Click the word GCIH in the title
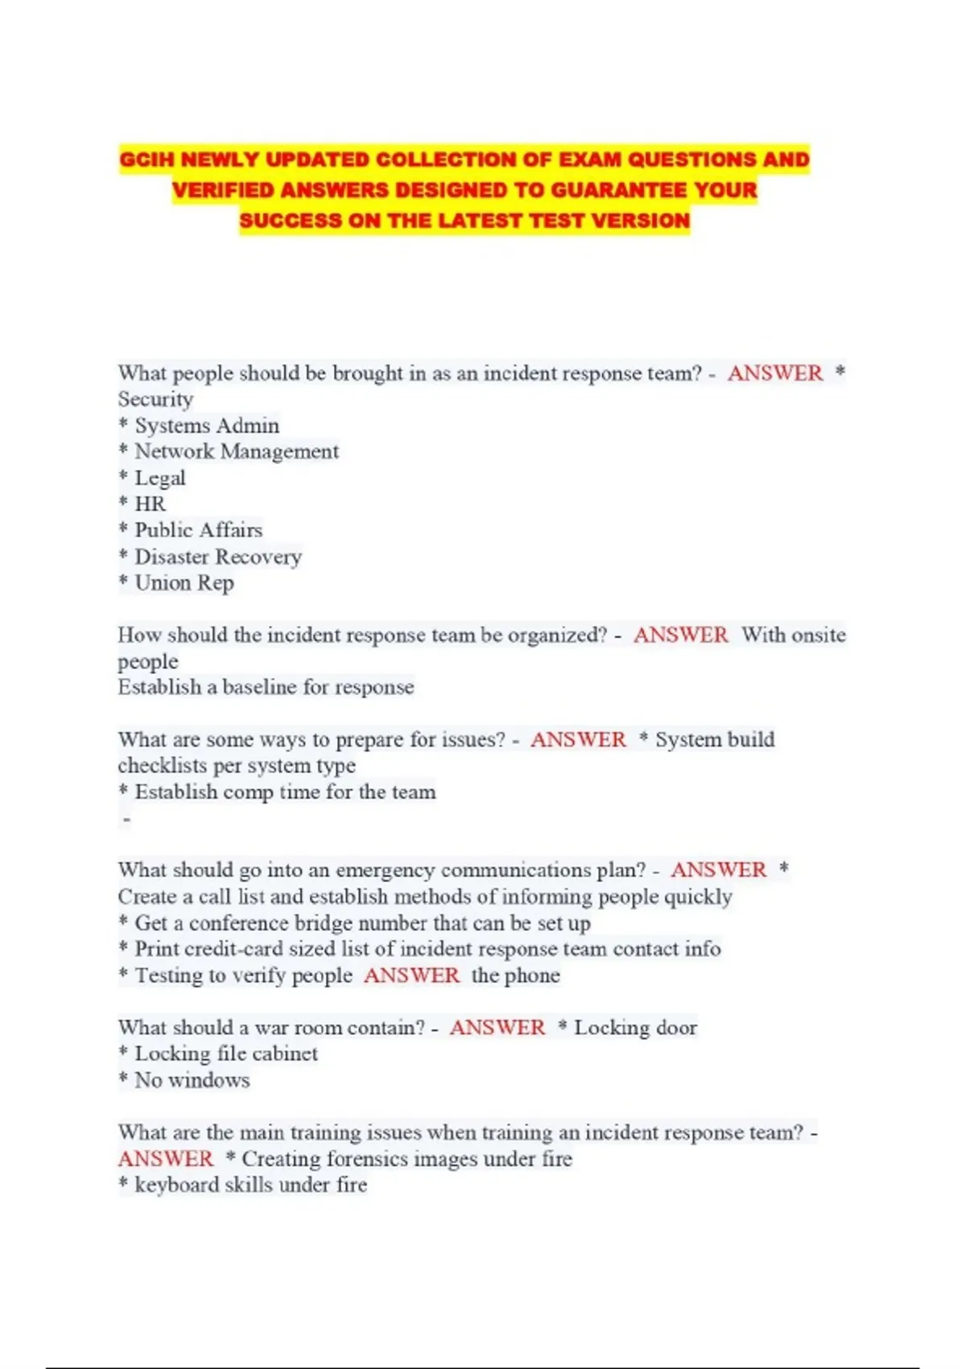coord(147,159)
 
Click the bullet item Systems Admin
coord(207,425)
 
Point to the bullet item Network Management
coord(237,452)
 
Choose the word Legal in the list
coord(160,478)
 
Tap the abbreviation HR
coord(151,504)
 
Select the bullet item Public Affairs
coord(199,530)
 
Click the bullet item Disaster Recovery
coord(218,556)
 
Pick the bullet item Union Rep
coord(184,583)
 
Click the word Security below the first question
coord(155,399)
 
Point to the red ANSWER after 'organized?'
coord(680,635)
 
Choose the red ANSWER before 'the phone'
coord(411,975)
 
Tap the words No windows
coord(192,1080)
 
